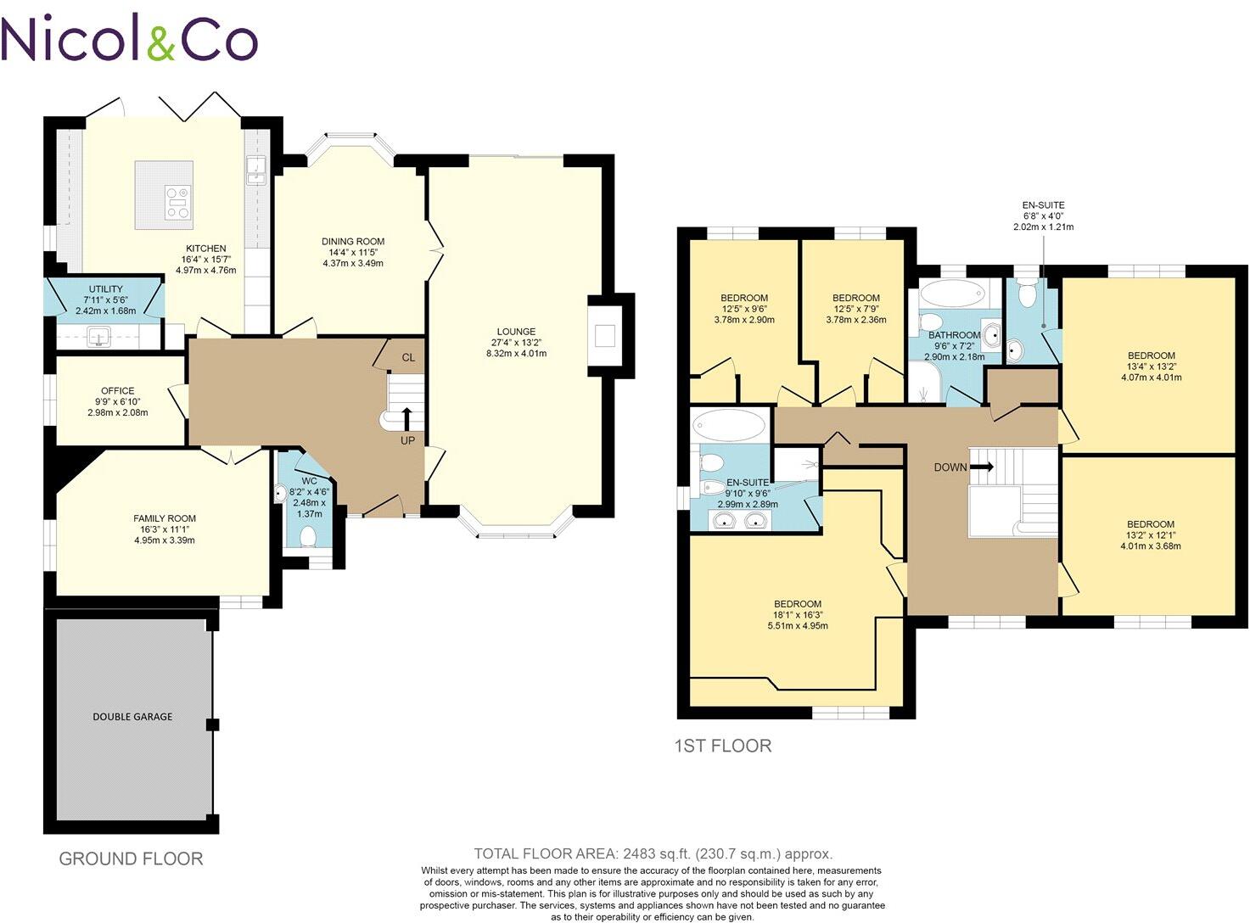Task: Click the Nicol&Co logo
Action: click(x=129, y=40)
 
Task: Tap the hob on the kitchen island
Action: click(x=178, y=204)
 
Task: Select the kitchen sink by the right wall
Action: click(x=255, y=171)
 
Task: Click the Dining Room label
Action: click(x=353, y=242)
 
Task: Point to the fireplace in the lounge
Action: click(x=604, y=336)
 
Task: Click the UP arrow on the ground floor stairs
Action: click(x=406, y=420)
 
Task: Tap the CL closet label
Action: click(x=408, y=357)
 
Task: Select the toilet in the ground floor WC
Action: click(x=309, y=536)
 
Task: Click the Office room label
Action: click(x=117, y=391)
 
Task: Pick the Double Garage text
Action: click(x=132, y=717)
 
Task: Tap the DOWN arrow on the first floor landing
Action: click(x=982, y=467)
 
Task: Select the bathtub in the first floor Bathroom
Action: click(x=950, y=294)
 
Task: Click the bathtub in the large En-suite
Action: click(x=728, y=424)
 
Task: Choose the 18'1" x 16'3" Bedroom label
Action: click(x=797, y=604)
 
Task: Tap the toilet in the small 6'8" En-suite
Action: click(x=1028, y=296)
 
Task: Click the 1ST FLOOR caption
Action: click(x=722, y=746)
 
